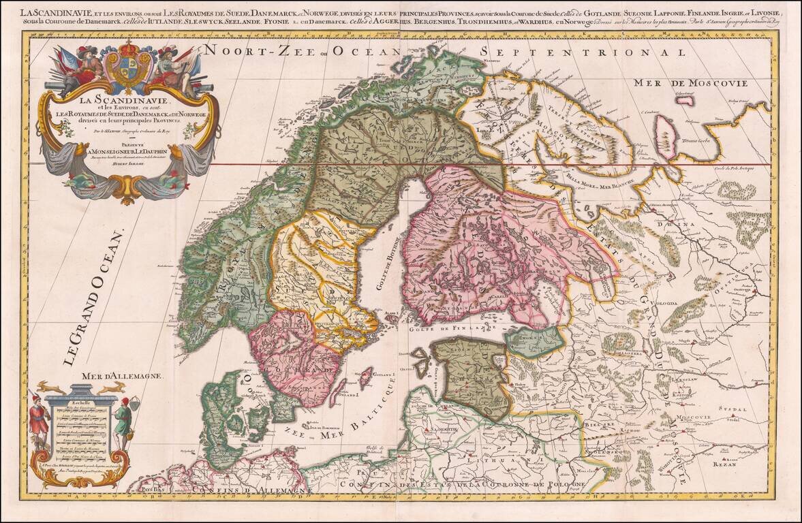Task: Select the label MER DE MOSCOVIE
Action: coord(690,83)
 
